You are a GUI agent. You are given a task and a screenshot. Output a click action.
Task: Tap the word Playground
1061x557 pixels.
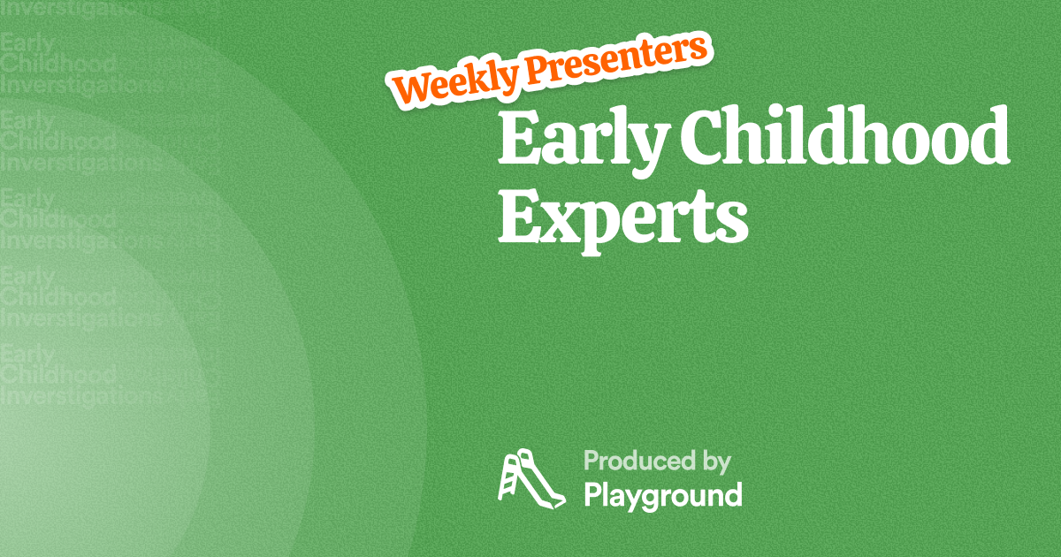click(662, 495)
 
